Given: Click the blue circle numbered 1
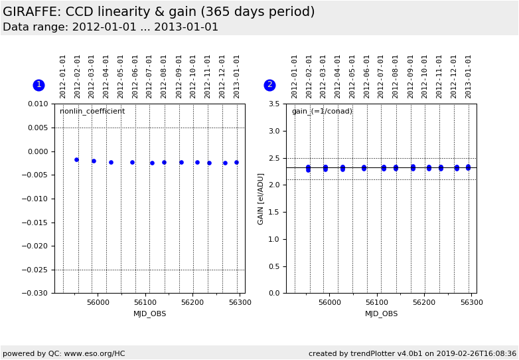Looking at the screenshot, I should [x=38, y=85].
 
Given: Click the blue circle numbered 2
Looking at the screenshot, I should [x=269, y=85].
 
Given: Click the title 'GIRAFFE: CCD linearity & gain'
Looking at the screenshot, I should [x=159, y=12].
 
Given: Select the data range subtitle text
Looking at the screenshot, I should [x=110, y=27].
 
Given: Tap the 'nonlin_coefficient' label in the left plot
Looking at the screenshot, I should [x=92, y=112].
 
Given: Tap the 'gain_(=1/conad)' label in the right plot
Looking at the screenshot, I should [x=323, y=112].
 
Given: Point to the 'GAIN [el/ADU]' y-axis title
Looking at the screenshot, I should [x=261, y=199].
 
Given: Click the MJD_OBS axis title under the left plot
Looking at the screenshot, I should [x=150, y=314].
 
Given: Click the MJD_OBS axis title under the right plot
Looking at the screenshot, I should [x=382, y=314].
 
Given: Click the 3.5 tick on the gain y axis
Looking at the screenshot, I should [x=274, y=104].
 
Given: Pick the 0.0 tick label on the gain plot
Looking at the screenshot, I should [x=274, y=294].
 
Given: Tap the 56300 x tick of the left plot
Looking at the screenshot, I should [x=240, y=303].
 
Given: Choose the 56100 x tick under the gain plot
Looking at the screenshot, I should [x=377, y=303].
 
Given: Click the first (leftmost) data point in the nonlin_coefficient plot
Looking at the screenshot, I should [x=76, y=159].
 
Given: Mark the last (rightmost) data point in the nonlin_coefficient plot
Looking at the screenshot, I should [x=236, y=162].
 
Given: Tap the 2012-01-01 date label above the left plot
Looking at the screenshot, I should [x=63, y=76].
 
